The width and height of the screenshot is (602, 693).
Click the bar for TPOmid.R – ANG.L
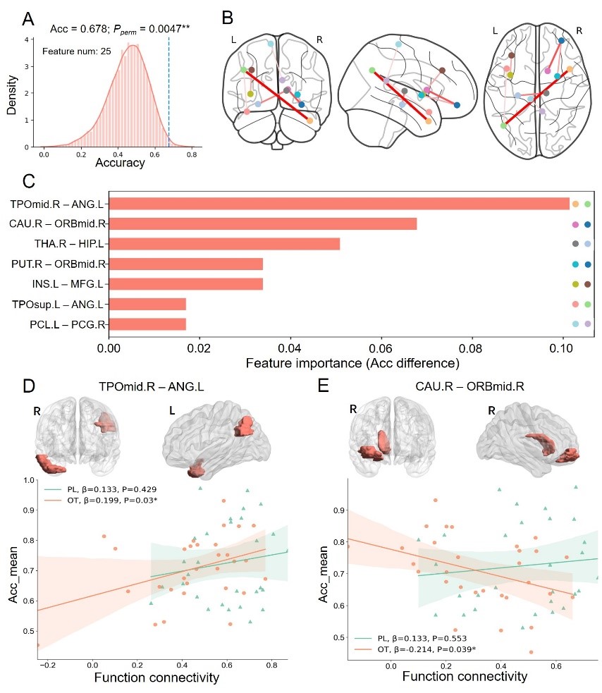pos(340,204)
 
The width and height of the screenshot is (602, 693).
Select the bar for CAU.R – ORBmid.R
pos(263,223)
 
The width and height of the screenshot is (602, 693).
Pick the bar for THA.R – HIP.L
pos(225,243)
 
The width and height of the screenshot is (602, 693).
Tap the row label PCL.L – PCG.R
pos(68,324)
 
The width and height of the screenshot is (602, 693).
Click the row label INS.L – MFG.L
pos(68,283)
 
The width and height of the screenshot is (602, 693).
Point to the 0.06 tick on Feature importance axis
pos(380,348)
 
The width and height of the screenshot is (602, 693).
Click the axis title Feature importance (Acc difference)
pos(352,363)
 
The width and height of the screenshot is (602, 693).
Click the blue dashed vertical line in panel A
pos(168,92)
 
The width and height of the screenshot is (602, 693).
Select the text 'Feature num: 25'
pos(76,51)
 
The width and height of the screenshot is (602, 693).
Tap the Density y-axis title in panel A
pos(11,95)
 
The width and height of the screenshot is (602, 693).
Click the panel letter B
pos(227,18)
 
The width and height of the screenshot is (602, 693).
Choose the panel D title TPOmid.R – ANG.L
pos(151,387)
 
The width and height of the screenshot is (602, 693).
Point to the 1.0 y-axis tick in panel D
pos(29,480)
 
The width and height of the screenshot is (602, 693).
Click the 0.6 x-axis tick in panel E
pos(556,666)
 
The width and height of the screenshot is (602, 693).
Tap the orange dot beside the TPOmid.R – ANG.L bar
pos(575,204)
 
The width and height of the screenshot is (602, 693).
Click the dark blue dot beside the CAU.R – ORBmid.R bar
pos(587,224)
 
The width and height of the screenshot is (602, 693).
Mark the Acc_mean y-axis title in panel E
pos(323,574)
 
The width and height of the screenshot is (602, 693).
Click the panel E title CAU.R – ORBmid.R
pos(470,387)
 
